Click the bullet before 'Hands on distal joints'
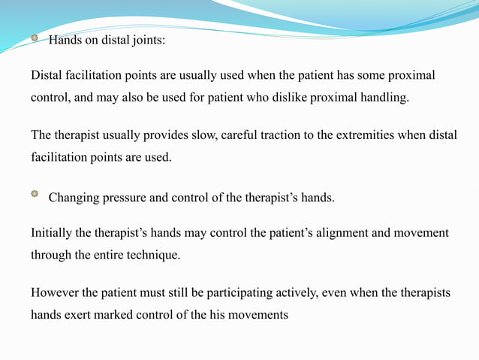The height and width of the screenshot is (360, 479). pyautogui.click(x=34, y=38)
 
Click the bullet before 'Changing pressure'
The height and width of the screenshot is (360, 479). pyautogui.click(x=34, y=195)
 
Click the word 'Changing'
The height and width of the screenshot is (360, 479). pyautogui.click(x=74, y=198)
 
